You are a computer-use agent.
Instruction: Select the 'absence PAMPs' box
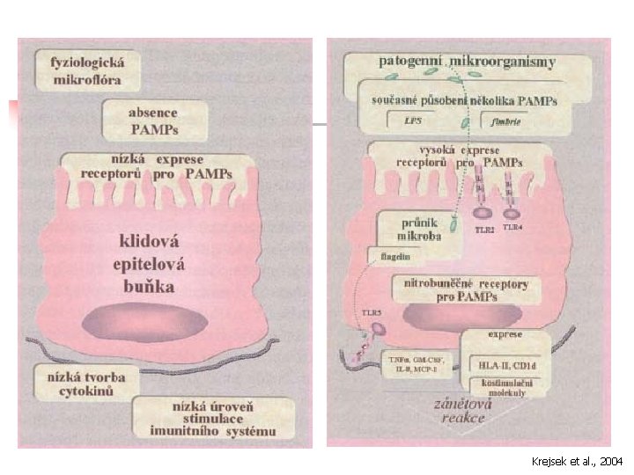click(154, 121)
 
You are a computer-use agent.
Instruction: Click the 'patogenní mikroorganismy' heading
click(467, 62)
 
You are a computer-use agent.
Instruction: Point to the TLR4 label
click(512, 228)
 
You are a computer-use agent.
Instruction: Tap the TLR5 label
click(371, 312)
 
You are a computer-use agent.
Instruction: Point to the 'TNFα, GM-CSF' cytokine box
click(417, 364)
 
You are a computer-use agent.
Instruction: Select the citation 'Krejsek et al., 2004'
click(579, 461)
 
